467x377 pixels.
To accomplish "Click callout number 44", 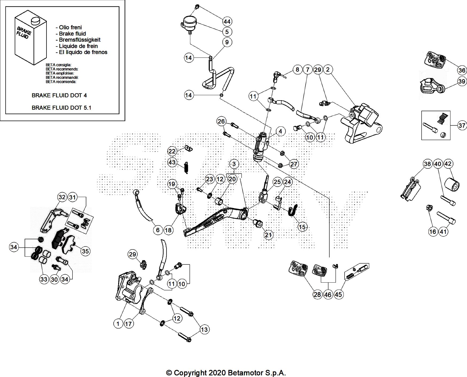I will coord(227,21).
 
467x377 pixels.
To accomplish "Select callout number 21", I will coord(268,235).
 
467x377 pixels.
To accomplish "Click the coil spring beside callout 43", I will coord(186,168).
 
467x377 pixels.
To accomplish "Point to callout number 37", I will coord(462,125).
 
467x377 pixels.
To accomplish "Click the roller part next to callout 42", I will coord(452,184).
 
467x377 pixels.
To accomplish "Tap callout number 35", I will coord(85,251).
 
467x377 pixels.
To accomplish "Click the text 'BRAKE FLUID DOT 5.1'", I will coord(61,107).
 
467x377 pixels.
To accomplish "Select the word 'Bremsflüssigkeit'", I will coord(80,40).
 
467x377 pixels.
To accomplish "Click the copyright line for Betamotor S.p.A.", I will coord(226,373).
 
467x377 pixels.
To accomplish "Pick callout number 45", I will coord(338,294).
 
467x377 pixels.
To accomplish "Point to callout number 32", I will coord(62,197).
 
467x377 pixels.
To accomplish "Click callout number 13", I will coord(204,329).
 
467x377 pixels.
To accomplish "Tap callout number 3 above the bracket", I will coord(234,164).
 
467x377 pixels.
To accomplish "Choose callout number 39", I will coord(462,81).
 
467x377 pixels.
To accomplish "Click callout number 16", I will coord(433,232).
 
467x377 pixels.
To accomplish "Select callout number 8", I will coord(297,70).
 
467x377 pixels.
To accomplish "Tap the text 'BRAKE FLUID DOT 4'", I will coord(59,95).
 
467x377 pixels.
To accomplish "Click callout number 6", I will coord(158,230).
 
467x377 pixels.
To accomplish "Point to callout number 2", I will coord(328,70).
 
